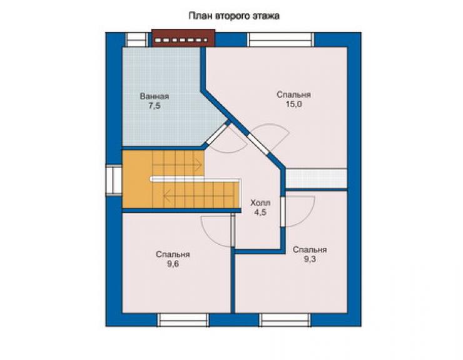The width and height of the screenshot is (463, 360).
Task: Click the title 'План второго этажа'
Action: pyautogui.click(x=234, y=16)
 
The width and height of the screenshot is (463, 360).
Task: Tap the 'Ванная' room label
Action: pyautogui.click(x=154, y=96)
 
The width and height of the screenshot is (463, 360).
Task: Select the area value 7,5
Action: pyautogui.click(x=155, y=106)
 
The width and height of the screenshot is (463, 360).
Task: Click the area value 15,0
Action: pyautogui.click(x=293, y=104)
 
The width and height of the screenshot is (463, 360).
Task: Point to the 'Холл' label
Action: pyautogui.click(x=260, y=203)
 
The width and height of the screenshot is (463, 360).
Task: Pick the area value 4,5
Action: pyautogui.click(x=260, y=212)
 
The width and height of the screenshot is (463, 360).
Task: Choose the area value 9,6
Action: pyautogui.click(x=173, y=264)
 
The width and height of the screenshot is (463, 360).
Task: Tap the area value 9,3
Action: pyautogui.click(x=310, y=259)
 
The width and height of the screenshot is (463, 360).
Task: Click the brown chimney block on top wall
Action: pyautogui.click(x=183, y=38)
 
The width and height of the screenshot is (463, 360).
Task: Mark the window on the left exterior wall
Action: pyautogui.click(x=114, y=180)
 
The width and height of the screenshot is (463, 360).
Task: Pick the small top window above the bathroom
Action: pyautogui.click(x=137, y=39)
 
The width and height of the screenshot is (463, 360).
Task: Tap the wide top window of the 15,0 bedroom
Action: pyautogui.click(x=281, y=39)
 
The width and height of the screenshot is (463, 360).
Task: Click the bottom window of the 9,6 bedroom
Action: pyautogui.click(x=183, y=320)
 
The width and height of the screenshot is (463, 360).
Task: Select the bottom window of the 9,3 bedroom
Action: pyautogui.click(x=285, y=320)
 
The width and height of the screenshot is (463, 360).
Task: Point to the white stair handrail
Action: pyautogui.click(x=195, y=180)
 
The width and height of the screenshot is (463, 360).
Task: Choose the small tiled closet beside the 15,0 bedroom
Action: pyautogui.click(x=317, y=178)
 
